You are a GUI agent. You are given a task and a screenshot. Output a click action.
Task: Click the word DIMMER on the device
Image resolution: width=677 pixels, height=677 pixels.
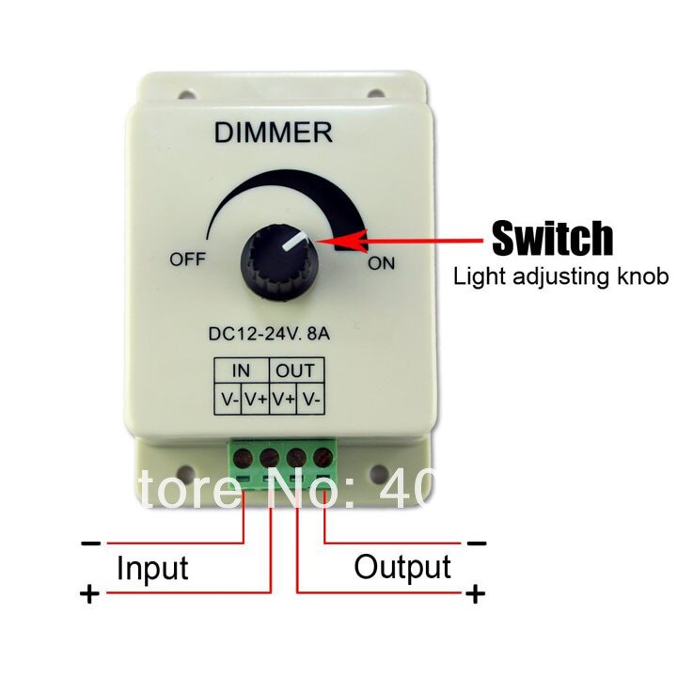(x=273, y=133)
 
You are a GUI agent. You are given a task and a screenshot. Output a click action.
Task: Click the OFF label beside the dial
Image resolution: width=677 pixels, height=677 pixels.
(x=187, y=260)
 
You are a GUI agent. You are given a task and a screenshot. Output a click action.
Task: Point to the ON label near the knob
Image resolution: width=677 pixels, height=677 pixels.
(x=382, y=263)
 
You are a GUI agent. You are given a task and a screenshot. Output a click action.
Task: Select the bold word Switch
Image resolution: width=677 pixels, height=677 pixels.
(x=553, y=240)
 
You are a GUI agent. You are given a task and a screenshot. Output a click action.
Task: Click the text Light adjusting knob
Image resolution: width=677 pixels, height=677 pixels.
(x=560, y=276)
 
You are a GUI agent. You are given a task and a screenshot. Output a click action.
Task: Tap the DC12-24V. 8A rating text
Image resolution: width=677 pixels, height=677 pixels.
(x=273, y=334)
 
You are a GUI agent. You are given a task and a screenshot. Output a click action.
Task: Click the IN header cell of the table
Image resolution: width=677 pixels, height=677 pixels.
(x=242, y=370)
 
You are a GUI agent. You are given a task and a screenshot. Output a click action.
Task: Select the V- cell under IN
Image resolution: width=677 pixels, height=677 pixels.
(x=228, y=399)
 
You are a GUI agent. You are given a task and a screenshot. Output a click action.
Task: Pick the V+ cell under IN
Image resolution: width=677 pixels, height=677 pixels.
(x=256, y=399)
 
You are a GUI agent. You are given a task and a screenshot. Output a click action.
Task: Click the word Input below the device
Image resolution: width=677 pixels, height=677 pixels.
(x=152, y=568)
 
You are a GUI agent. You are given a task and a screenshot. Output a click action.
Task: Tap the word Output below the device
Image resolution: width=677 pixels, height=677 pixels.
(x=402, y=567)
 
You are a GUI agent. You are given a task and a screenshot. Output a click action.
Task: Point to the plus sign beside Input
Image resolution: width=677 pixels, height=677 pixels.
(x=89, y=595)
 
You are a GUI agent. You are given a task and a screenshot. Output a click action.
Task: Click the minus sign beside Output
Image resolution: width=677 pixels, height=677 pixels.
(x=477, y=543)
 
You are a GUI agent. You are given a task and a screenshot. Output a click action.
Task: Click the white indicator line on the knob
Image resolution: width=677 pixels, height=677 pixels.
(x=294, y=243)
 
